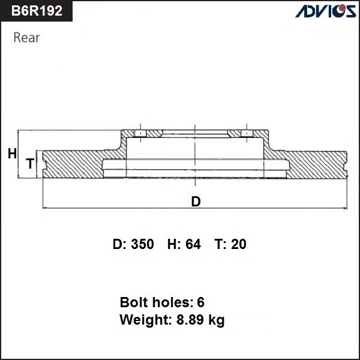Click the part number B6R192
click(x=37, y=11)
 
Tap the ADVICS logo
click(x=325, y=11)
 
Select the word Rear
click(x=26, y=38)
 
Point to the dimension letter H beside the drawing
click(x=12, y=154)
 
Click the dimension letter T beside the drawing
click(x=30, y=163)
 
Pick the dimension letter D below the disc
click(x=196, y=202)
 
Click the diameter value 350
click(x=142, y=244)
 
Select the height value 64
click(x=193, y=244)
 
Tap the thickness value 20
click(x=239, y=244)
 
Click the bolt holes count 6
click(x=200, y=302)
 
